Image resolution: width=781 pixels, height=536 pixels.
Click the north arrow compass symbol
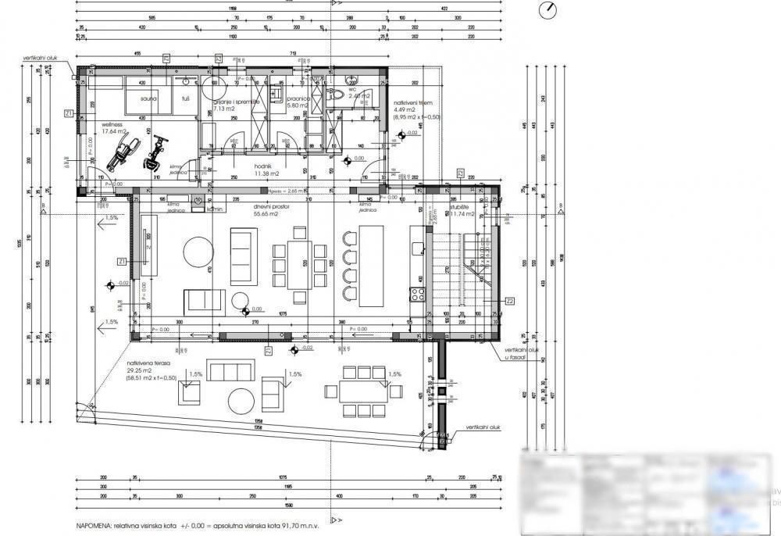[x=550, y=9]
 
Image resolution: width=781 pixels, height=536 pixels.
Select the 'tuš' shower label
[x=186, y=99]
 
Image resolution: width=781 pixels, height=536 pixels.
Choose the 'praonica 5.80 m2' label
[x=298, y=102]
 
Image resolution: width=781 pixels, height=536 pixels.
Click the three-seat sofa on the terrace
[x=231, y=370]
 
